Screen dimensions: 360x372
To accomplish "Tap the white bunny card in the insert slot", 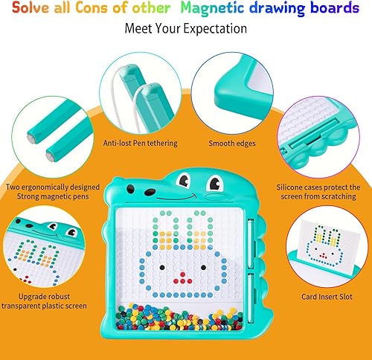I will [327, 242].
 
